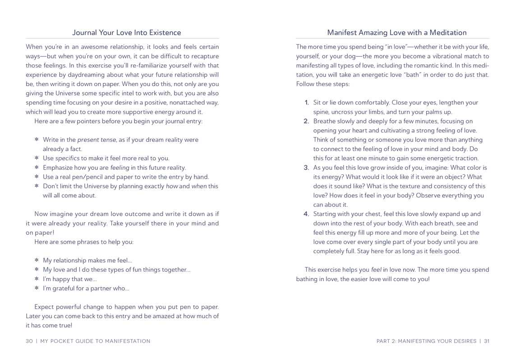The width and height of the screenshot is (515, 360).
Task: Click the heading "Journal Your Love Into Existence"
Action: pyautogui.click(x=127, y=32)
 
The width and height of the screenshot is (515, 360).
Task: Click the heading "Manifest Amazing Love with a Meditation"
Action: pyautogui.click(x=397, y=32)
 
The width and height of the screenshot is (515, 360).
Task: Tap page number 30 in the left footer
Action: pyautogui.click(x=29, y=341)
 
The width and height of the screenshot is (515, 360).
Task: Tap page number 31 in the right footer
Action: pyautogui.click(x=487, y=341)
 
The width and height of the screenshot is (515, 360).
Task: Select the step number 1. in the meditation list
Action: pyautogui.click(x=306, y=103)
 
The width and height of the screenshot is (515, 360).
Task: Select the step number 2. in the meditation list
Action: pyautogui.click(x=306, y=121)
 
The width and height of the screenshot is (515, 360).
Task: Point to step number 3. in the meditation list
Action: pyautogui.click(x=306, y=168)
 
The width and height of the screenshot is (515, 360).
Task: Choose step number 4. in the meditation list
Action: pyautogui.click(x=306, y=214)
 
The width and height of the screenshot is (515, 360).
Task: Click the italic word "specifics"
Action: pyautogui.click(x=67, y=158)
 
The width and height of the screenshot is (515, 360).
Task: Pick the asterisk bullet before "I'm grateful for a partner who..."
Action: pyautogui.click(x=37, y=288)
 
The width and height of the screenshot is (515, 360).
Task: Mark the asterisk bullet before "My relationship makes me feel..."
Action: pyautogui.click(x=37, y=260)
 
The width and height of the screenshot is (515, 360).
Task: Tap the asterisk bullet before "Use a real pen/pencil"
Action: pyautogui.click(x=37, y=177)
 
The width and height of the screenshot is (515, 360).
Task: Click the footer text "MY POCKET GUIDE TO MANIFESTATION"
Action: pyautogui.click(x=95, y=341)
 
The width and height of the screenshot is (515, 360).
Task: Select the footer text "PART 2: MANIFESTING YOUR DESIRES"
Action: pyautogui.click(x=426, y=341)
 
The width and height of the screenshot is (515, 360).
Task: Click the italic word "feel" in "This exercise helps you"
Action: pyautogui.click(x=376, y=270)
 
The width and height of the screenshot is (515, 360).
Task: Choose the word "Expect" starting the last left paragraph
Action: pyautogui.click(x=44, y=307)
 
